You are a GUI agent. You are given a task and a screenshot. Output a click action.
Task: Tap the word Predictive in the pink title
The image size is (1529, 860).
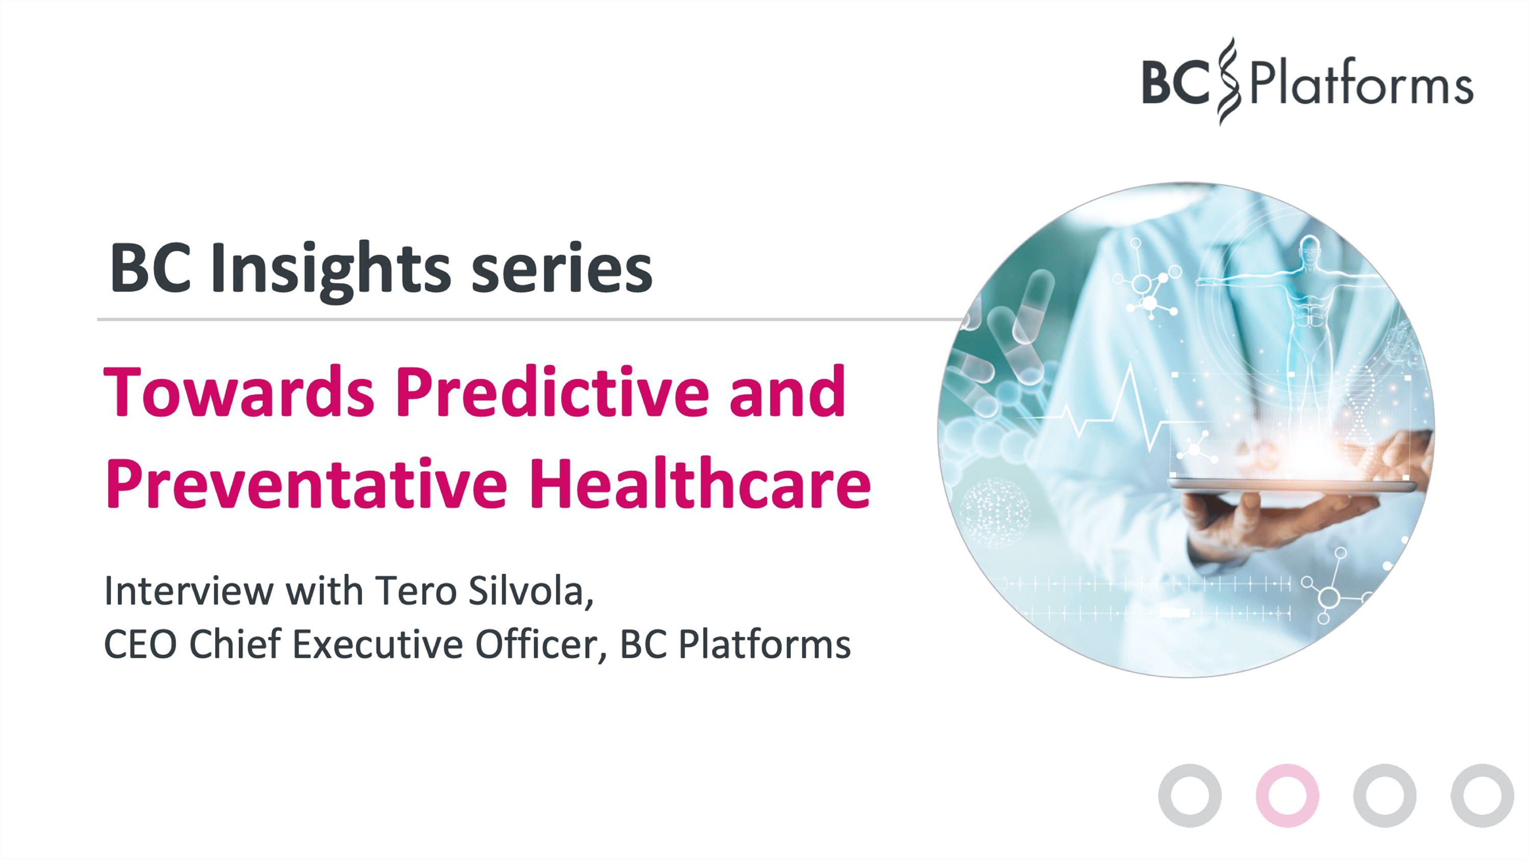click(552, 393)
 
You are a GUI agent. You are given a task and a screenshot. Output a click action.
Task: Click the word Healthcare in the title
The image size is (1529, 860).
click(700, 483)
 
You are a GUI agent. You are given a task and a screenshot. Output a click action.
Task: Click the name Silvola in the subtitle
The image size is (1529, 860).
click(530, 591)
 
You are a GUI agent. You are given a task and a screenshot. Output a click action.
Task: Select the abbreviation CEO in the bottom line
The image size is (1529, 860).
click(140, 644)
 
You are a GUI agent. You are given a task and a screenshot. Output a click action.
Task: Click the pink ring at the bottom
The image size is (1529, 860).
click(1287, 795)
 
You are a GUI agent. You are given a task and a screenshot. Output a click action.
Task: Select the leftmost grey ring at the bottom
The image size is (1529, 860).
click(1190, 795)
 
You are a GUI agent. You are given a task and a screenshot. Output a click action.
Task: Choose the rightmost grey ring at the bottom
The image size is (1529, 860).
click(1482, 795)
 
